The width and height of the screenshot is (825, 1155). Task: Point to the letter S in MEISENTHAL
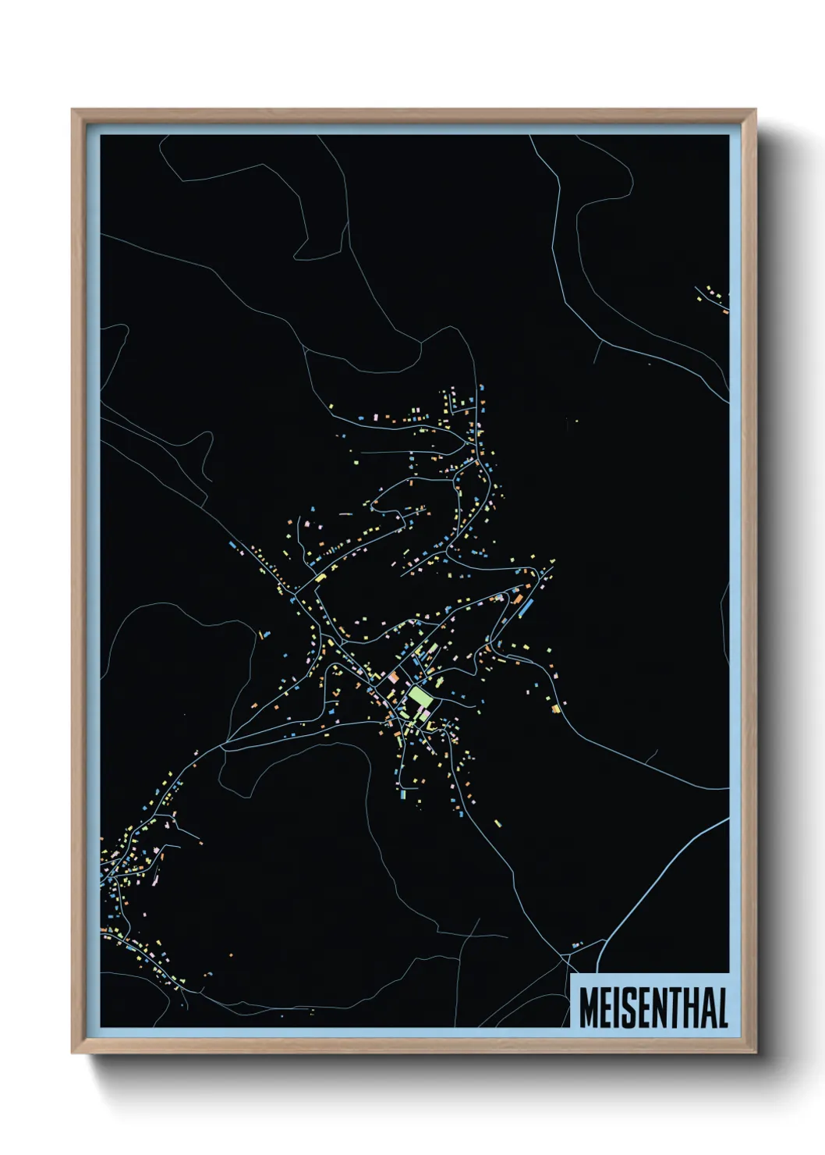pos(625,1008)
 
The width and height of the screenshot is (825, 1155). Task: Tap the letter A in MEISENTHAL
pos(706,1008)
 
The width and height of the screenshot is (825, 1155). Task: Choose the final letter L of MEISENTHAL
pos(721,1008)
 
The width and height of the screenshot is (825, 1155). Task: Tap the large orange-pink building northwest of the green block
pos(394,677)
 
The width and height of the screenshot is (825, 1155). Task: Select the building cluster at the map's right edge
pos(714,297)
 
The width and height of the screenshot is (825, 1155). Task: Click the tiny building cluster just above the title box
pos(577,945)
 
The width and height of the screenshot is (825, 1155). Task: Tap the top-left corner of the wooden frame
pos(73,110)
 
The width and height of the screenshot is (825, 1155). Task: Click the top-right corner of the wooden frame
pos(755,110)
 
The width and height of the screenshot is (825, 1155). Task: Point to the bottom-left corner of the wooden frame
pos(73,1052)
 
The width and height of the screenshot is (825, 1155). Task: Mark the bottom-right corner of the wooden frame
pos(755,1052)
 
